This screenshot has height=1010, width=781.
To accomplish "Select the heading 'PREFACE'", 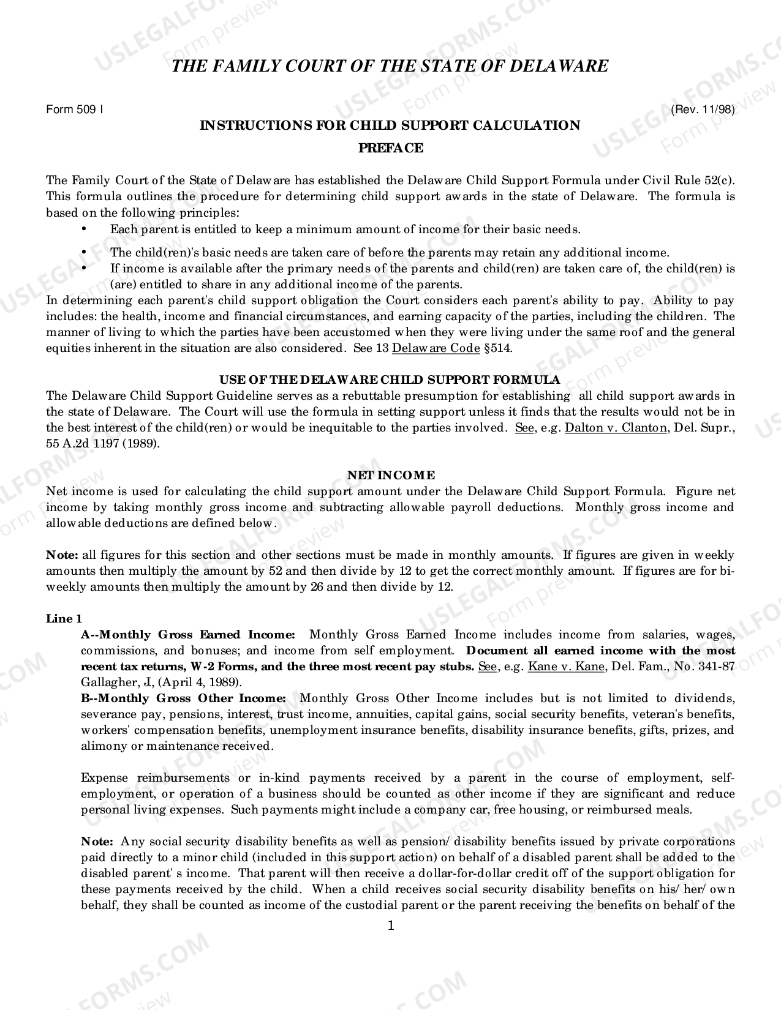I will [390, 148].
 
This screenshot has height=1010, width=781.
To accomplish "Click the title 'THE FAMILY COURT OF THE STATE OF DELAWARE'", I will [390, 66].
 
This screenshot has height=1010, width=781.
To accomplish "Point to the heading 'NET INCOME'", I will [391, 476].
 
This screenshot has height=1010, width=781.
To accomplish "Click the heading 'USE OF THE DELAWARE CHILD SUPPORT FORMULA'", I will [390, 380].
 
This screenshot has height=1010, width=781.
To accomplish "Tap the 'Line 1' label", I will [64, 619].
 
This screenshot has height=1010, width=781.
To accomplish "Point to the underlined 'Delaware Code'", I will [436, 348].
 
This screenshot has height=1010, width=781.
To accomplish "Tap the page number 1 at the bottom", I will [391, 925].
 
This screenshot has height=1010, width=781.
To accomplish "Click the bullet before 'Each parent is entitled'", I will [84, 229].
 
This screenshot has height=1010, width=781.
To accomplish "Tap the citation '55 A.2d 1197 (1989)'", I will [103, 444].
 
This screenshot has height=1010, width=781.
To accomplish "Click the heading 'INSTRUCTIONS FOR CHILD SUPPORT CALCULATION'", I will [390, 125].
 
